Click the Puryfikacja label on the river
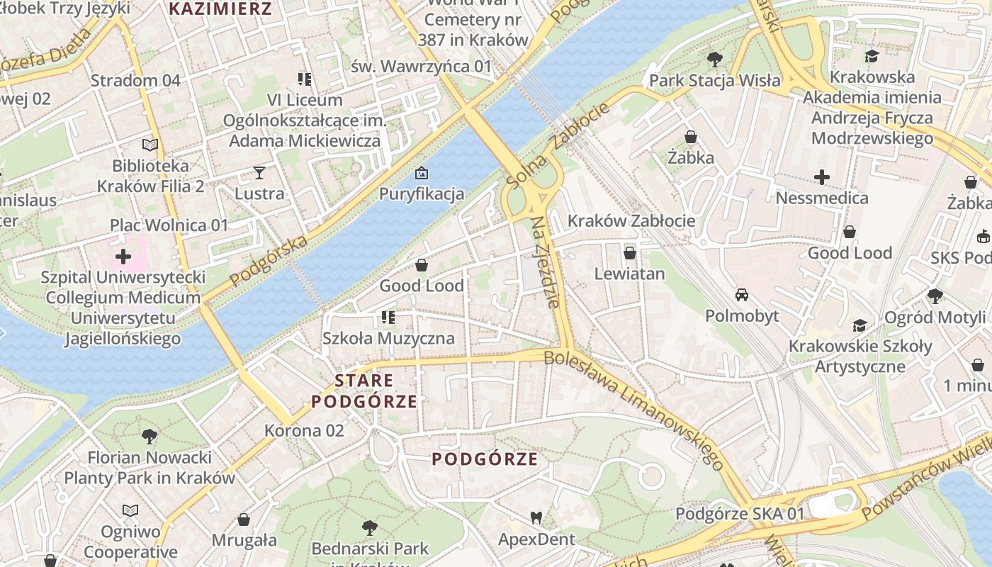[x=422, y=193]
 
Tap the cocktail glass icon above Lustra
[x=259, y=172]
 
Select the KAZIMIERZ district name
[x=221, y=9]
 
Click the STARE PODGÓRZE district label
[x=364, y=391]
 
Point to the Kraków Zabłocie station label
[x=631, y=220]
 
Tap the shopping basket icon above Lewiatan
[x=630, y=253]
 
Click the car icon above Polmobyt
[x=742, y=295]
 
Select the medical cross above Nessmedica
[x=822, y=176]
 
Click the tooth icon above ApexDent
[x=536, y=518]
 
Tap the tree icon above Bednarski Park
[x=369, y=527]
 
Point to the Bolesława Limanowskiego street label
[x=634, y=410]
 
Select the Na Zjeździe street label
[x=546, y=262]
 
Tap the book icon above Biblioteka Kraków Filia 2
[x=150, y=145]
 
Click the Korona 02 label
[x=304, y=430]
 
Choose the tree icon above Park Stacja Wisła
[x=714, y=60]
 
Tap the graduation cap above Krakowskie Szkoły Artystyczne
[x=859, y=325]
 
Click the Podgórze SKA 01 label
[x=740, y=514]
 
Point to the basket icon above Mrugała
[x=244, y=520]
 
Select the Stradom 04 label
[x=135, y=80]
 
